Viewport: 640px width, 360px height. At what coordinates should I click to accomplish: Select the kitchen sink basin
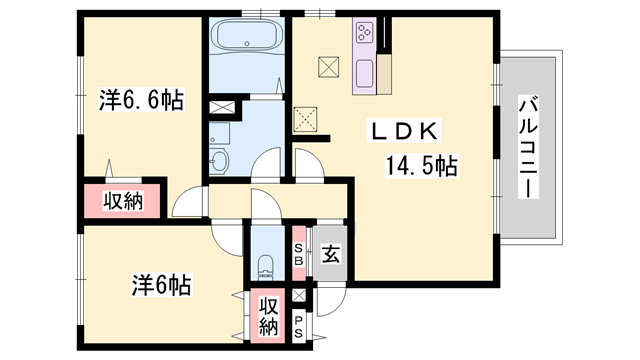point(362,72)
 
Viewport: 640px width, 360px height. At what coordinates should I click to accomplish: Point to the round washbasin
point(220,160)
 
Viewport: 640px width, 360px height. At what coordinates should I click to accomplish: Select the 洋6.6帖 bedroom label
point(141,100)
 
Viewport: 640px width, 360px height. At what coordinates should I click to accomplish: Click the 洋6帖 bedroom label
point(160,285)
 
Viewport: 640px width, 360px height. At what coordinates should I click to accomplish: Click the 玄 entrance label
point(330,255)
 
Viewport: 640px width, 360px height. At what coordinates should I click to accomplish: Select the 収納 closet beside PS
point(268,316)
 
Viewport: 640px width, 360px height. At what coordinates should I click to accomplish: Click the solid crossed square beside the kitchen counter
point(328,68)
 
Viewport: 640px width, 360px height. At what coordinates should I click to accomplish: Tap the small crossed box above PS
point(299,297)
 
